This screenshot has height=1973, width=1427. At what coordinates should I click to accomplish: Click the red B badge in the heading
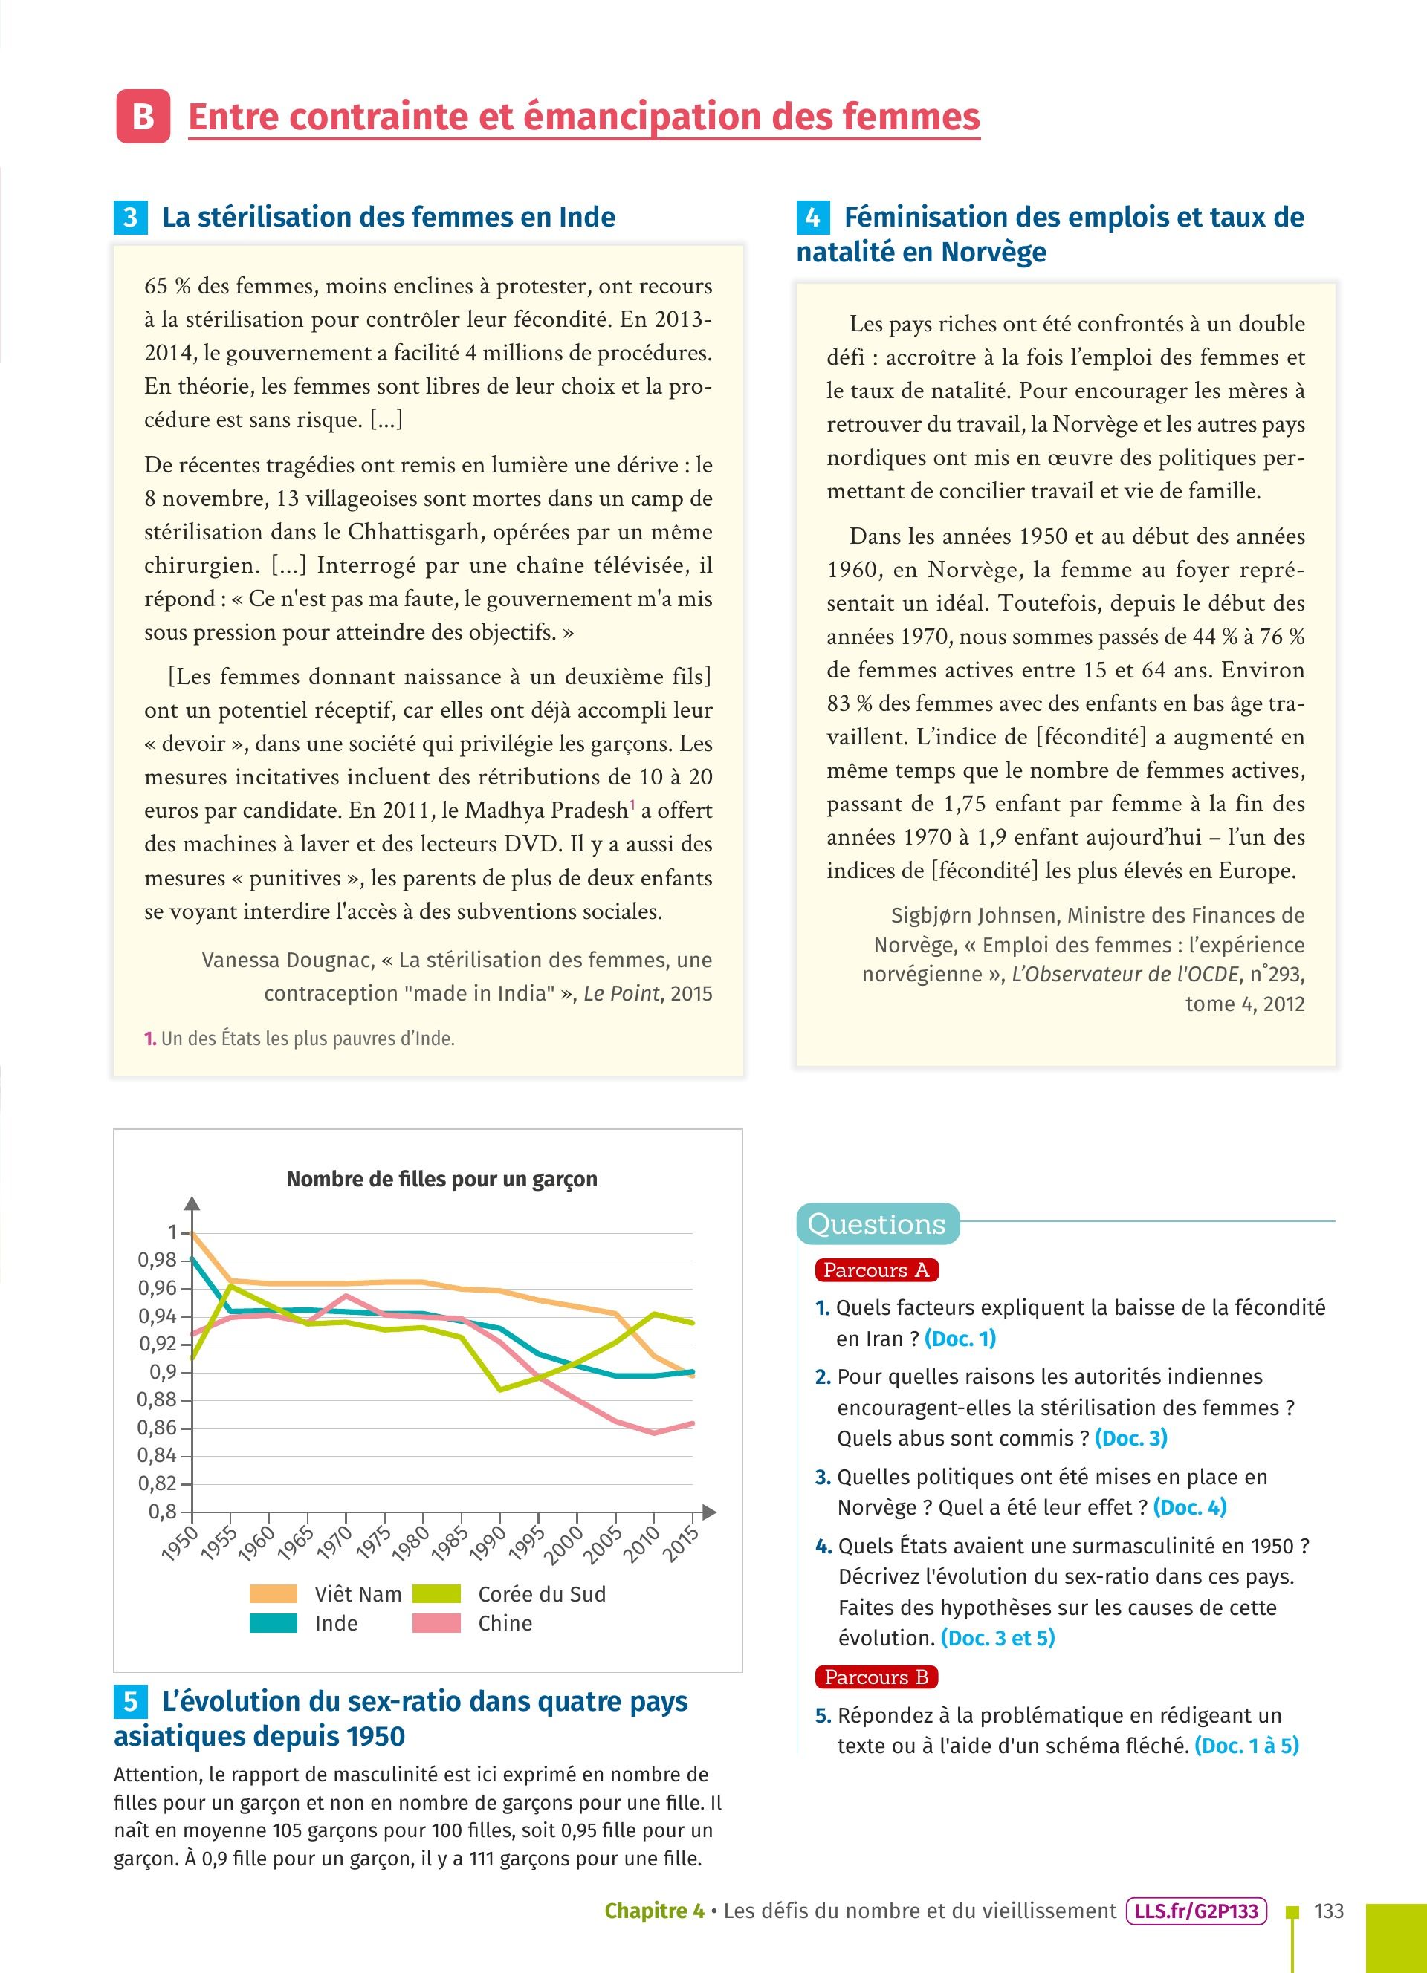point(143,117)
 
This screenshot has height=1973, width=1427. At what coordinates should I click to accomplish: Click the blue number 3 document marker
point(129,218)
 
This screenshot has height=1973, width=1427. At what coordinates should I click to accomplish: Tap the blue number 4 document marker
point(812,218)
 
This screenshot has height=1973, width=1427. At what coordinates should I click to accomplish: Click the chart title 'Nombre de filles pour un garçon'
point(441,1180)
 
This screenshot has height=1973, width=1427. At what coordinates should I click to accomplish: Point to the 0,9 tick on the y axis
point(163,1372)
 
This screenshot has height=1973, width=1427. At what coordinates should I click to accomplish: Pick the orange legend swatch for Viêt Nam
point(274,1593)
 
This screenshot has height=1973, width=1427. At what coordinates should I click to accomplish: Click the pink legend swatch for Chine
point(436,1623)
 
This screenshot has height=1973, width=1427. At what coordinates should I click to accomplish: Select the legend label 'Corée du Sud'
point(541,1593)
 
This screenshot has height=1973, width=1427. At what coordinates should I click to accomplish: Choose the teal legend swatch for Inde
point(274,1623)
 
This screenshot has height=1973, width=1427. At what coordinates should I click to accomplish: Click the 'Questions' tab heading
point(876,1224)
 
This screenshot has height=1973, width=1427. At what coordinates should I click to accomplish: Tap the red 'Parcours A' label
point(876,1270)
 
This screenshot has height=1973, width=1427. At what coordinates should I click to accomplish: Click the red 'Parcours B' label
point(876,1677)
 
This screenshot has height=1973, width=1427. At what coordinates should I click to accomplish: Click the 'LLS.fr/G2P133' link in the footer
point(1196,1911)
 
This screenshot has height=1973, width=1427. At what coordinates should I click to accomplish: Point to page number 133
point(1329,1911)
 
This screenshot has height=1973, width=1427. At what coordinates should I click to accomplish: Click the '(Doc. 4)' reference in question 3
point(1189,1506)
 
